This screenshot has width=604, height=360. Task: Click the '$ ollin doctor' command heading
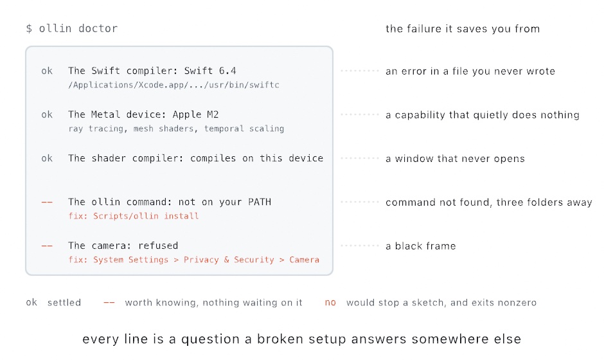click(x=72, y=28)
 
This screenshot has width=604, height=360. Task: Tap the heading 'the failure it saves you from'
click(x=463, y=29)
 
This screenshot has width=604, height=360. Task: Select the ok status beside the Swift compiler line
click(x=47, y=71)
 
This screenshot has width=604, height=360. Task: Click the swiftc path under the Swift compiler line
click(x=173, y=85)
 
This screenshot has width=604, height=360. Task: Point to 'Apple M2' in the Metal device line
click(x=196, y=114)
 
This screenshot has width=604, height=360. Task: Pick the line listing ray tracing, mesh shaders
click(x=176, y=129)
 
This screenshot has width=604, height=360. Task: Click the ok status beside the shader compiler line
click(x=47, y=158)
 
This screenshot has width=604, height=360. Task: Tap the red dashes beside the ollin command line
click(x=47, y=202)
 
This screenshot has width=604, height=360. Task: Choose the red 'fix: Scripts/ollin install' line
click(x=134, y=216)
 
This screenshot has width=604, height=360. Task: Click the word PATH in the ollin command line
click(x=260, y=202)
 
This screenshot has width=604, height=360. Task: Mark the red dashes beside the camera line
click(x=47, y=246)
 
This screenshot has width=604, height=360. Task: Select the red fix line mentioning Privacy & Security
click(x=194, y=260)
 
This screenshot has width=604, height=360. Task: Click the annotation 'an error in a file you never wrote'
click(x=470, y=71)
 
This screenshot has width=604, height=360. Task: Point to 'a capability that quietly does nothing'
click(x=483, y=115)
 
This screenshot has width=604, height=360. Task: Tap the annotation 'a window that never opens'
click(x=456, y=159)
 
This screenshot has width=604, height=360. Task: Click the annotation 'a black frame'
click(x=421, y=246)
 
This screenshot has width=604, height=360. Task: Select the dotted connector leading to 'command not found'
click(x=360, y=202)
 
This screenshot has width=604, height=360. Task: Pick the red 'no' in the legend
click(x=330, y=303)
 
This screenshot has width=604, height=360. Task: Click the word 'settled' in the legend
click(x=64, y=303)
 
